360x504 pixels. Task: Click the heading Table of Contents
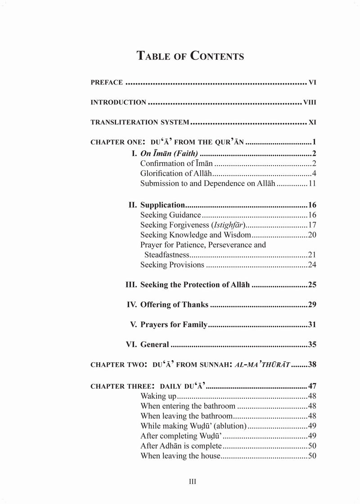coord(190,56)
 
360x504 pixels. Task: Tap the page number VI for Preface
coord(313,82)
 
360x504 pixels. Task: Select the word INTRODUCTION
coord(118,102)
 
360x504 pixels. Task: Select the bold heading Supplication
coord(162,204)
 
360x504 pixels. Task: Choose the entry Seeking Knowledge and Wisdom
coord(195,235)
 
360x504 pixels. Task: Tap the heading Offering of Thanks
coord(174,305)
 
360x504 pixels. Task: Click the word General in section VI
coord(155,345)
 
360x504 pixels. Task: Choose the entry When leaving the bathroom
coord(186,416)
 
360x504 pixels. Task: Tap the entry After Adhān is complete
coord(181,445)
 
